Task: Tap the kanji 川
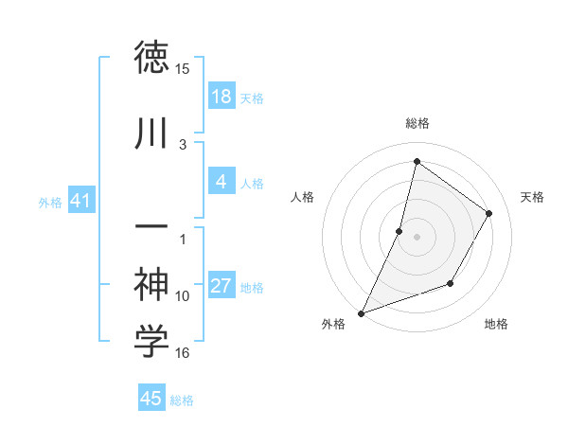click(x=151, y=133)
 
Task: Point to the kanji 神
click(x=151, y=283)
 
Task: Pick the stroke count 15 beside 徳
click(x=183, y=69)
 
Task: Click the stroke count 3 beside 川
click(x=183, y=144)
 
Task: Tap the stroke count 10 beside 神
click(x=183, y=295)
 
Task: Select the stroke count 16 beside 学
click(x=183, y=353)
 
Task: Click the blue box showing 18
click(x=221, y=97)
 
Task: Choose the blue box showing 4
click(x=221, y=182)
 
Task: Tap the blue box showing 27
click(x=221, y=286)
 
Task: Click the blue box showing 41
click(x=80, y=201)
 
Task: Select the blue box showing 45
click(x=151, y=399)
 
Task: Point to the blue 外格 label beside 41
click(x=50, y=203)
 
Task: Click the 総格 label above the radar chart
click(x=417, y=123)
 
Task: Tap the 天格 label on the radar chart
click(x=533, y=197)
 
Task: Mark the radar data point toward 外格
click(x=361, y=312)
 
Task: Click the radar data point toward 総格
click(x=417, y=161)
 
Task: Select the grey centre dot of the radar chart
click(x=417, y=237)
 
